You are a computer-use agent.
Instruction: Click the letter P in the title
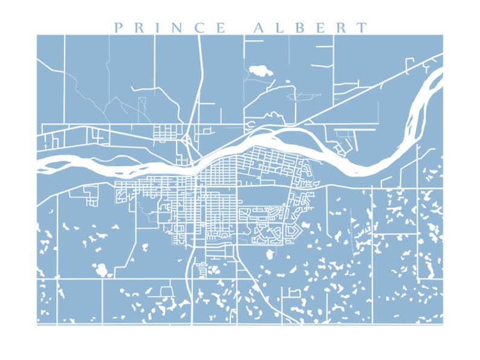click(119, 28)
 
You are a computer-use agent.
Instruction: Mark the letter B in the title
click(299, 28)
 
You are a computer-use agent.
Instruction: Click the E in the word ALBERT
click(320, 28)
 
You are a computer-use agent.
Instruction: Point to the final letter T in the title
click(362, 28)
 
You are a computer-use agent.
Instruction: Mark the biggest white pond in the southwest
click(101, 269)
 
